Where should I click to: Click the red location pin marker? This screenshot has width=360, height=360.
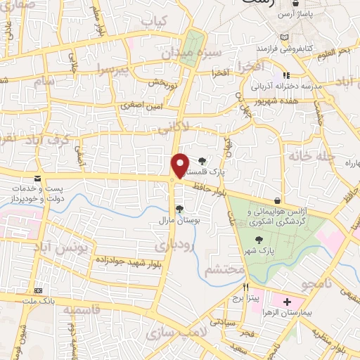[180, 165]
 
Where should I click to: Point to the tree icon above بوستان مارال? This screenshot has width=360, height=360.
[179, 208]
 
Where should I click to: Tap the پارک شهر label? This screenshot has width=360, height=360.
[264, 250]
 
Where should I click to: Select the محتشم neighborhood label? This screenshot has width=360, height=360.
[224, 269]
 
